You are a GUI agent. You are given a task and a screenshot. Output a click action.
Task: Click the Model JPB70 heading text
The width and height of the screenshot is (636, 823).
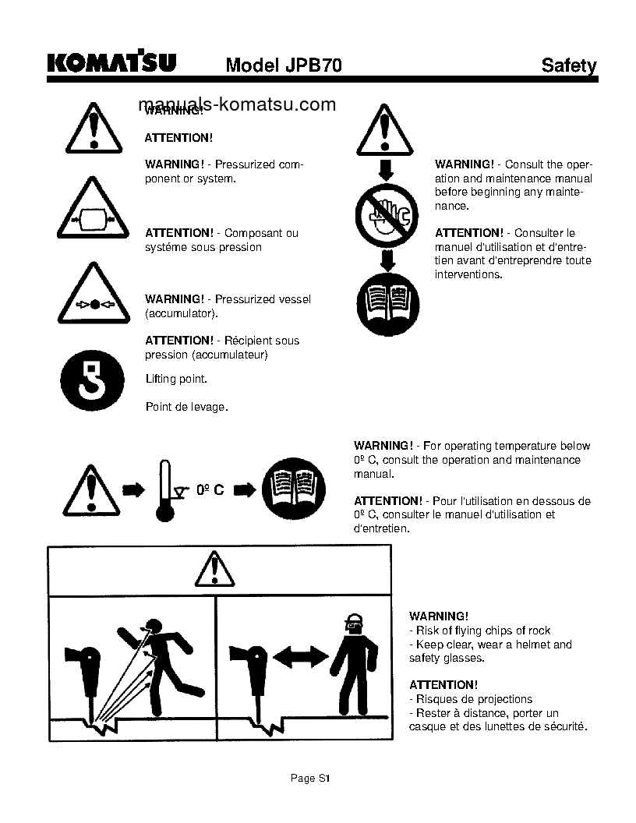[284, 65]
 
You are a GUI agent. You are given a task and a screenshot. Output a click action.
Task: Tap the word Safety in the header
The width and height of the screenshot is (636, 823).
[569, 65]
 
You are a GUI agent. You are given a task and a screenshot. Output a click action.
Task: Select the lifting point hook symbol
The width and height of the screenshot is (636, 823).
[93, 380]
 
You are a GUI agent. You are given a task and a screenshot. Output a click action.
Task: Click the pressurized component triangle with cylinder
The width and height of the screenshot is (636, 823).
[93, 210]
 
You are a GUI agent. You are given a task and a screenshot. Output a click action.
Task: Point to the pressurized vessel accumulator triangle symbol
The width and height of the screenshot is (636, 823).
[93, 297]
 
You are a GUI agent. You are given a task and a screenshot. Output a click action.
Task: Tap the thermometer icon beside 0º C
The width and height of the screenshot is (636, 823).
[164, 490]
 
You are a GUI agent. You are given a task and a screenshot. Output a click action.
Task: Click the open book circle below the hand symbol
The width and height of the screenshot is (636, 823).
[387, 303]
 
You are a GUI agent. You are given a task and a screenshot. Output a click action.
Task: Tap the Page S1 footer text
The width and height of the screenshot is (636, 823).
[311, 778]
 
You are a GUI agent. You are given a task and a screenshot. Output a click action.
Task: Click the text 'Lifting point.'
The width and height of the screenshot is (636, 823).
[176, 380]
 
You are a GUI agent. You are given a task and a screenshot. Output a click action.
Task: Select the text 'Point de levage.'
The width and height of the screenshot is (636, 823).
[186, 406]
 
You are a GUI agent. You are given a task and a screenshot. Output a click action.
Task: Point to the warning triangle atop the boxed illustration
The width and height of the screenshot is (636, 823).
[214, 570]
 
